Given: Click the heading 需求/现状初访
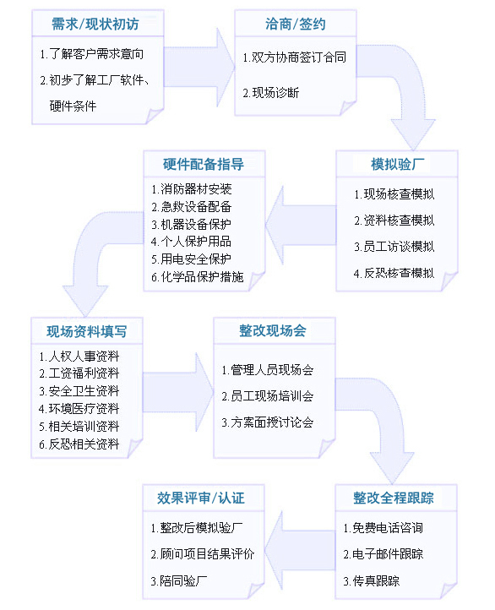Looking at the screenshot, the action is [95, 25].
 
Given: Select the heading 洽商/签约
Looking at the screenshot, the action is [296, 25].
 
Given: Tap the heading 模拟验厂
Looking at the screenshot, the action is [397, 164].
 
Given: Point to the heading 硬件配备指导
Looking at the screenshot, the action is [204, 164].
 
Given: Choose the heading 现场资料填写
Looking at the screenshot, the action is [87, 331].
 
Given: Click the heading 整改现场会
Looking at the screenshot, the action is [273, 330].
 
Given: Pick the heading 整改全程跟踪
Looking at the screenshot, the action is [394, 498].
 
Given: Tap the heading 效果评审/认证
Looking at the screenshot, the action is [201, 498].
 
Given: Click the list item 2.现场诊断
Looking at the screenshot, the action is [271, 93].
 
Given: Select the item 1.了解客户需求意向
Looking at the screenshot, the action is [92, 54].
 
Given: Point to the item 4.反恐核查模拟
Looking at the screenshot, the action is [394, 273].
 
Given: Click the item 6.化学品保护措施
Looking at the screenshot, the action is [198, 276].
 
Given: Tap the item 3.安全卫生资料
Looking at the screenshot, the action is [79, 390].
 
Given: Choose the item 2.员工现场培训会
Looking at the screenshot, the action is [268, 396].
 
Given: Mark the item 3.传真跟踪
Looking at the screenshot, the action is [372, 580].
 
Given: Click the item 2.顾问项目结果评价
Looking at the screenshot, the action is [203, 554].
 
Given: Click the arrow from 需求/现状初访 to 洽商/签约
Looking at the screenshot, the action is [199, 68].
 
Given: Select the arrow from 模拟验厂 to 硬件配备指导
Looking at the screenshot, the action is [301, 225].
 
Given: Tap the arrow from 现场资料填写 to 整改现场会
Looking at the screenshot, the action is [178, 393].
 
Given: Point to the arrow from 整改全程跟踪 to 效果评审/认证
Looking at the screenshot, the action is [300, 551].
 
